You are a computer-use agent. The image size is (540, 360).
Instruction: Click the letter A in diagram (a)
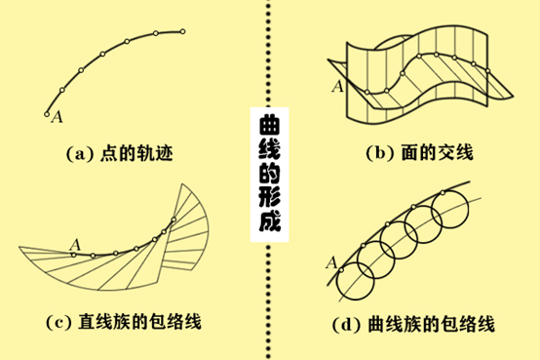tap(58, 116)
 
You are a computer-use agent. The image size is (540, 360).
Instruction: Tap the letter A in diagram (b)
tap(338, 86)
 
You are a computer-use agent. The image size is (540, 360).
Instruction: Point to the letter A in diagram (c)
tap(75, 245)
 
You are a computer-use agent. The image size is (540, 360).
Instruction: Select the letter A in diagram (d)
tap(331, 263)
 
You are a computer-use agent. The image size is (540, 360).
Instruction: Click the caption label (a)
tap(80, 154)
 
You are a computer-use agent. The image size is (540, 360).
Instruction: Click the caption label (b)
tap(380, 153)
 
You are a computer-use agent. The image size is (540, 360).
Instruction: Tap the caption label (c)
tap(58, 322)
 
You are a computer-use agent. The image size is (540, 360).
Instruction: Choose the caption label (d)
tap(346, 325)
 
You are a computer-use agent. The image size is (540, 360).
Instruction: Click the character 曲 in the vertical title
tap(269, 126)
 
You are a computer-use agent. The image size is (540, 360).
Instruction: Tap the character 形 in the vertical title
tap(269, 197)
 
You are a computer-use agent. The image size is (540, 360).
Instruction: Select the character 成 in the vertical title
tap(270, 221)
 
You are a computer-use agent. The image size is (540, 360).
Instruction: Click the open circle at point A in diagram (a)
tap(47, 114)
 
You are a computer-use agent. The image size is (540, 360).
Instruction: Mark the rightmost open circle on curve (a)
tap(182, 32)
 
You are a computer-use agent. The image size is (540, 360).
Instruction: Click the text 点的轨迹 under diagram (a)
tap(136, 154)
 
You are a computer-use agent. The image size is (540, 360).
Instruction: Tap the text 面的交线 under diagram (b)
tap(438, 153)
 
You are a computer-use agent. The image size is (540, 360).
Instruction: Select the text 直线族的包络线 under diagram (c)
tap(139, 322)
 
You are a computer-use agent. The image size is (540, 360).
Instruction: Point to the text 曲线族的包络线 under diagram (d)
tap(431, 325)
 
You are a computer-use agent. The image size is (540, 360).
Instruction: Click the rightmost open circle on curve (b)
tap(487, 71)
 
